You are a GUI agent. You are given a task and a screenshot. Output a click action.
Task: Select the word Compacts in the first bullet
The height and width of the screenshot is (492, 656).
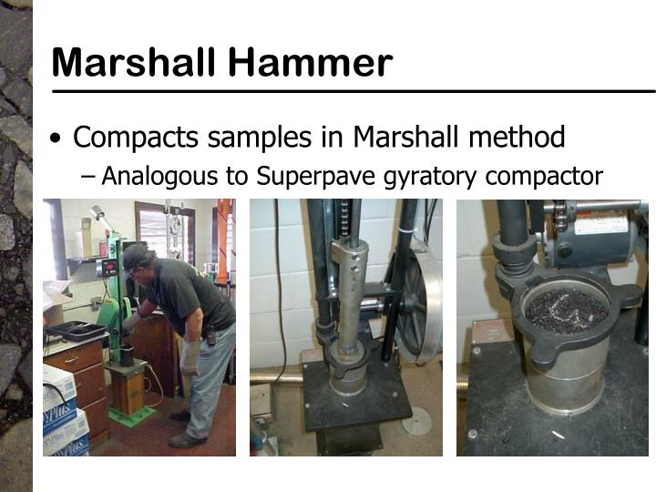[x=136, y=138]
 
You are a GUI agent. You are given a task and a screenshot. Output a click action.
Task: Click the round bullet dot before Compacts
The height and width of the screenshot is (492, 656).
[x=58, y=139]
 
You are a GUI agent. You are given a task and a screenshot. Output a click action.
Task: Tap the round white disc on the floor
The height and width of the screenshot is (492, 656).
[x=416, y=420]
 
